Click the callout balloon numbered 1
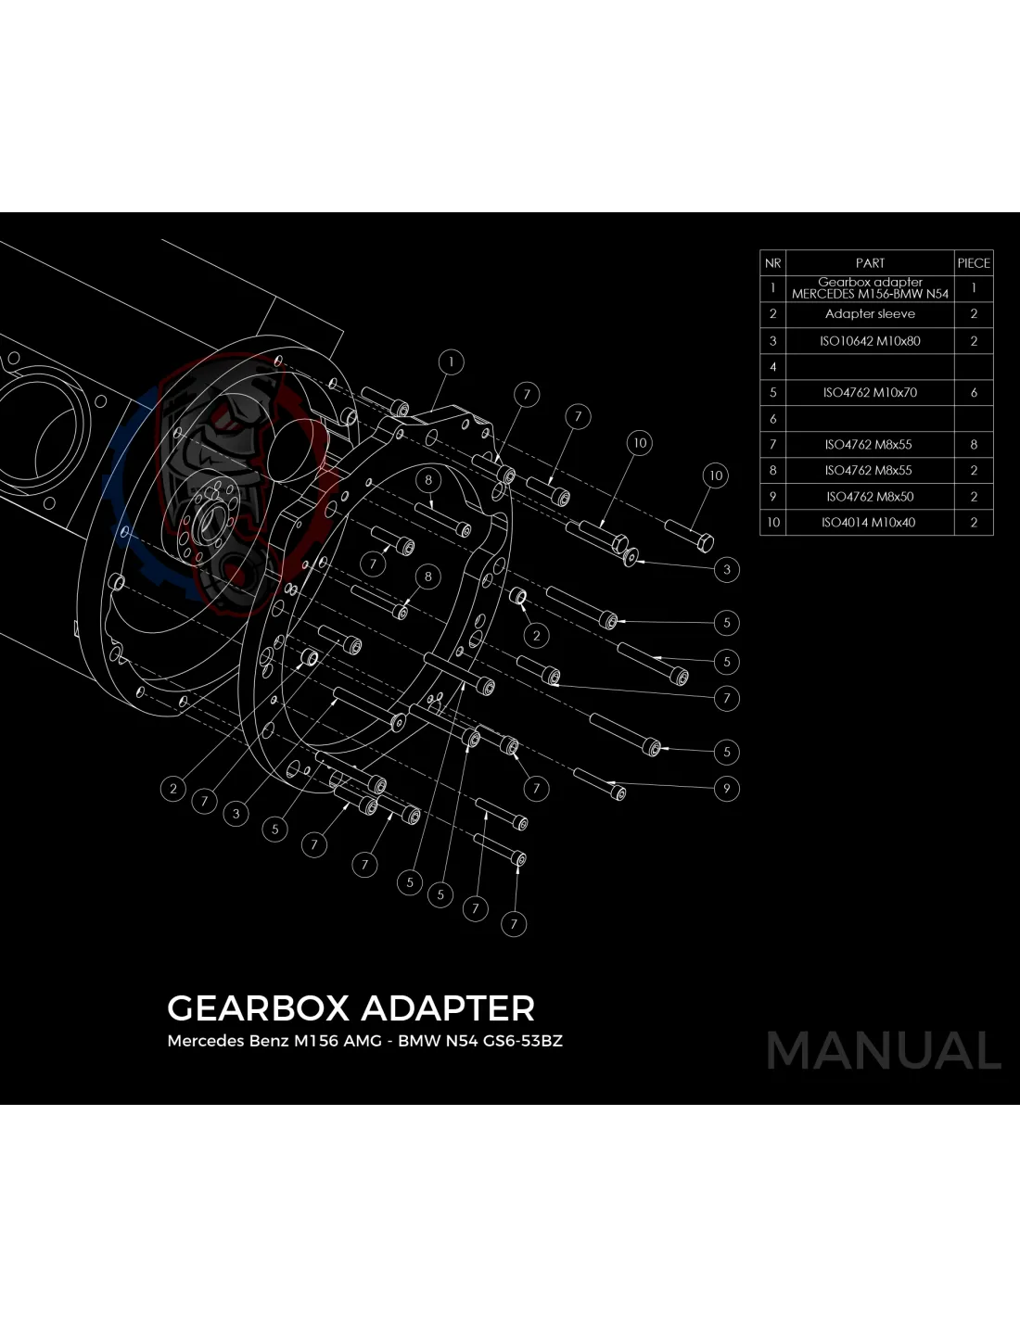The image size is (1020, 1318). [x=451, y=361]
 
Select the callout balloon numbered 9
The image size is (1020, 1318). [x=727, y=789]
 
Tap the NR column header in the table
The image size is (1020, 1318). [x=772, y=263]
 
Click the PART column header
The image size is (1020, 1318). [x=870, y=263]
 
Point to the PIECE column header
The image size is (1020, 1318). [x=974, y=263]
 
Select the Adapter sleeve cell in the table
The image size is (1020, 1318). [x=870, y=314]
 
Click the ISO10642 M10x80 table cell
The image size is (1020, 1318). [x=870, y=341]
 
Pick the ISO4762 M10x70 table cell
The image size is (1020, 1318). [x=870, y=393]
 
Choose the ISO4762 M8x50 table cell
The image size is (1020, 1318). [x=870, y=497]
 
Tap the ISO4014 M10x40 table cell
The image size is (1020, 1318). [x=870, y=523]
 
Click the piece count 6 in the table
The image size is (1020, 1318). [x=974, y=393]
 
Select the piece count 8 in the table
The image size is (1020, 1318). [x=974, y=445]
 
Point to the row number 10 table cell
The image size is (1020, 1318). [x=772, y=523]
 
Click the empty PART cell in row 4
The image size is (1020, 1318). [x=870, y=367]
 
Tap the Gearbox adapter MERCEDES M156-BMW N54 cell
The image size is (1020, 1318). [x=870, y=288]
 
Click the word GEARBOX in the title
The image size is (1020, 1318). [x=258, y=1008]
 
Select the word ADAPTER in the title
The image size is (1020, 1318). [x=448, y=1008]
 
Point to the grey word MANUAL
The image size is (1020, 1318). [x=884, y=1050]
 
